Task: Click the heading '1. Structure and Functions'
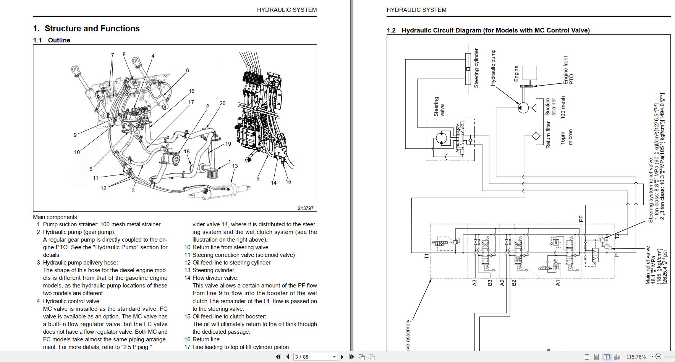[86, 29]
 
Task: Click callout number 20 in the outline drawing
[222, 103]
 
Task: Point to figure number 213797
[305, 208]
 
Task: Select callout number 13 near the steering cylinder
[235, 166]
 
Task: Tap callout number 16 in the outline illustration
[191, 91]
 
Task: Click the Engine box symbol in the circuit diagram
[529, 73]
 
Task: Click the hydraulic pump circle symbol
[523, 108]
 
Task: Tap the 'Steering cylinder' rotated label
[476, 68]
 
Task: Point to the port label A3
[474, 283]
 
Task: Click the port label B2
[514, 283]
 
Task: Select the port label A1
[557, 283]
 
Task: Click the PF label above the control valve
[581, 219]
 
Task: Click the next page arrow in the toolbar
[342, 357]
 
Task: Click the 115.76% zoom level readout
[636, 357]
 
